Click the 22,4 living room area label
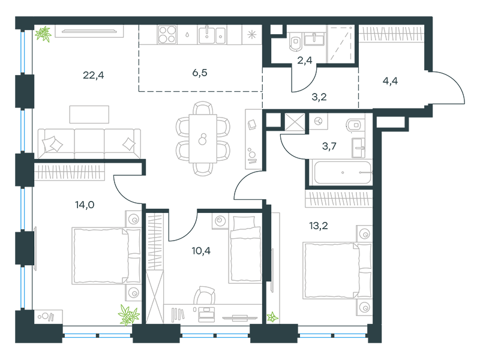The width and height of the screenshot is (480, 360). pyautogui.click(x=94, y=75)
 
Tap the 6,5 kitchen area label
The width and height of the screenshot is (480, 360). pyautogui.click(x=200, y=73)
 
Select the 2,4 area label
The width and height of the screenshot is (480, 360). pyautogui.click(x=305, y=61)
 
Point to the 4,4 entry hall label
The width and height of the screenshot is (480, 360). pyautogui.click(x=391, y=81)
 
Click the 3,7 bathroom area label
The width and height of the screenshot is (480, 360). pyautogui.click(x=329, y=146)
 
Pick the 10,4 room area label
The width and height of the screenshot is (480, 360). pyautogui.click(x=201, y=251)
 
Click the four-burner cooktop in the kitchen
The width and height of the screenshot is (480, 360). pyautogui.click(x=167, y=35)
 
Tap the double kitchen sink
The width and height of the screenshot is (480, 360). pyautogui.click(x=212, y=35)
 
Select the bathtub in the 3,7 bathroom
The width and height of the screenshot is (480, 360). pyautogui.click(x=342, y=172)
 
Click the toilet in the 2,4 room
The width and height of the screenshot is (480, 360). pyautogui.click(x=295, y=41)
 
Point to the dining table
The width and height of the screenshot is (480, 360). pyautogui.click(x=203, y=139)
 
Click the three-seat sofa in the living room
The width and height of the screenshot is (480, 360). pyautogui.click(x=89, y=143)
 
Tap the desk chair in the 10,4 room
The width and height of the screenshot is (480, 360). pyautogui.click(x=204, y=295)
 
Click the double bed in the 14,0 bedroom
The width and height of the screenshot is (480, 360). pyautogui.click(x=106, y=256)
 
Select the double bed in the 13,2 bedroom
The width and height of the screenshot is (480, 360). pyautogui.click(x=337, y=271)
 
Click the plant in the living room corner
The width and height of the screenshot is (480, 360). pyautogui.click(x=43, y=34)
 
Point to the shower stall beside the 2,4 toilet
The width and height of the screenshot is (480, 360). pyautogui.click(x=340, y=44)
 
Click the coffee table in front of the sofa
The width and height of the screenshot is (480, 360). pyautogui.click(x=89, y=115)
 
